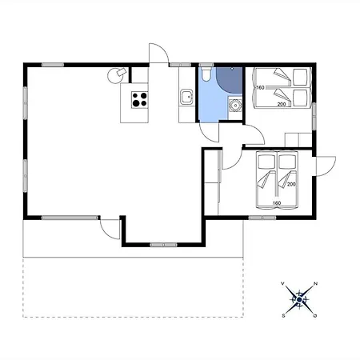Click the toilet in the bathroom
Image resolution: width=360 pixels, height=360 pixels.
coord(206,74)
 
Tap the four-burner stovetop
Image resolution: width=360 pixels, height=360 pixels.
coord(139,100)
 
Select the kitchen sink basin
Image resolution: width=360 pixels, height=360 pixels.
coord(186,97)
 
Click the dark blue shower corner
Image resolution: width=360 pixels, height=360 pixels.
coord(229,80)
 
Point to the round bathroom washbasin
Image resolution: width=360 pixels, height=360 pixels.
coord(235,105)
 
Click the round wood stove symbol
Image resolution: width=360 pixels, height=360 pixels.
coord(117,75)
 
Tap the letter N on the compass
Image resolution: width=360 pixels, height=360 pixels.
coord(315,283)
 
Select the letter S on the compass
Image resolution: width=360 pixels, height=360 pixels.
coord(283,316)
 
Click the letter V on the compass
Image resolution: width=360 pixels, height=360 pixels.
coord(282,283)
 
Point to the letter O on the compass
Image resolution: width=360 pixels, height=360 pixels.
coord(315,316)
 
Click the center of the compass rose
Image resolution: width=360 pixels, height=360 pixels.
coord(299,300)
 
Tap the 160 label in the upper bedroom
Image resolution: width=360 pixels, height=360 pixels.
coord(260,87)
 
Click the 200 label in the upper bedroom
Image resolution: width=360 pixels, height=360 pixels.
coord(282,104)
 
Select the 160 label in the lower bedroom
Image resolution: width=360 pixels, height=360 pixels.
coord(277,203)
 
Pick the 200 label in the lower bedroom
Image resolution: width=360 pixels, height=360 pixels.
coord(291,184)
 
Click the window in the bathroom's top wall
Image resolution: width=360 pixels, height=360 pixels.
coord(206,65)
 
